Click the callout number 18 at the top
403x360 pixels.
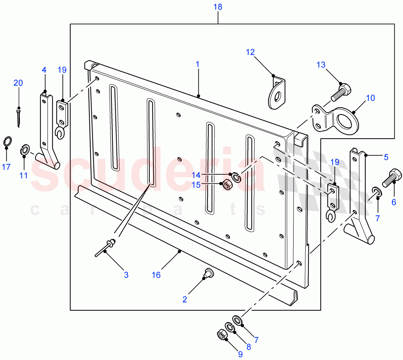[x=218, y=7]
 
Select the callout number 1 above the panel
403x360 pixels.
[x=198, y=64]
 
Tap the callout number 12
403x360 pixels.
[x=250, y=52]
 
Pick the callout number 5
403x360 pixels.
[x=386, y=157]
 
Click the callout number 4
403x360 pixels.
[x=44, y=70]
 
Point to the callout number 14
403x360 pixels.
[x=196, y=175]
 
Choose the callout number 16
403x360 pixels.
[x=156, y=275]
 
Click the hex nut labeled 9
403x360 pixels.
[x=222, y=334]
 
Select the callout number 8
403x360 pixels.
[x=249, y=347]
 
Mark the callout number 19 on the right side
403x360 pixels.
[x=335, y=162]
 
